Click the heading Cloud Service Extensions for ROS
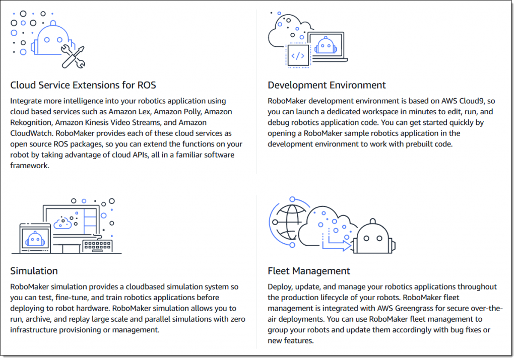click(x=83, y=85)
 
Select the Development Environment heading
click(x=327, y=85)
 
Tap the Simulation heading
click(x=34, y=271)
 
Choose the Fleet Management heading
click(x=309, y=271)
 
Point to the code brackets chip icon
click(x=298, y=56)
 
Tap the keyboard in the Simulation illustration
click(x=97, y=246)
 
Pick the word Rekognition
click(x=32, y=122)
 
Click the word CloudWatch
click(x=32, y=133)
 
